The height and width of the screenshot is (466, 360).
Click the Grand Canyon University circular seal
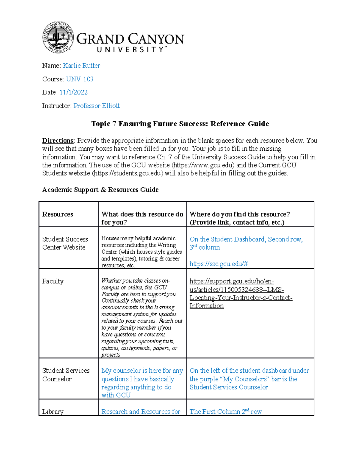(58, 37)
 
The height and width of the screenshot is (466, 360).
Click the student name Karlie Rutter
(81, 66)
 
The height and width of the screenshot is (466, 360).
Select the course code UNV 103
(79, 79)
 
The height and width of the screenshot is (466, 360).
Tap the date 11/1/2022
(73, 92)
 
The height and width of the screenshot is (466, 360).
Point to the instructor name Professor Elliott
(96, 106)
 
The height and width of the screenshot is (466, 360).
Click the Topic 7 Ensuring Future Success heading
(180, 124)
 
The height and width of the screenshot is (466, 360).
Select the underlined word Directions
(58, 141)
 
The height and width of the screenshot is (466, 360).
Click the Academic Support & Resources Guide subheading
(100, 190)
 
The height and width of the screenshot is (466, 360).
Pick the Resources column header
(58, 214)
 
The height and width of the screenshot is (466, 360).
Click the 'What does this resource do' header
(142, 218)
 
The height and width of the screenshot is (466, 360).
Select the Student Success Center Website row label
(65, 243)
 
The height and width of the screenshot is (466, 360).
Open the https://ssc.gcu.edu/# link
(218, 264)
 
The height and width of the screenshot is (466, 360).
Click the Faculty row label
(53, 281)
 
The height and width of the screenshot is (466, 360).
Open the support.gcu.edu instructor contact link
(241, 293)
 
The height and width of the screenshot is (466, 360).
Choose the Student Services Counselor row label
(66, 375)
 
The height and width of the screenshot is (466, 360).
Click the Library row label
(53, 412)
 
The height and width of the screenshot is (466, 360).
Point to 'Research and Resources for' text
(141, 412)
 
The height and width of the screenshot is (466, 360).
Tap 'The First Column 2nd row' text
(225, 412)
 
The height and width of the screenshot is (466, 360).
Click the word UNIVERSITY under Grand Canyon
(130, 50)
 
